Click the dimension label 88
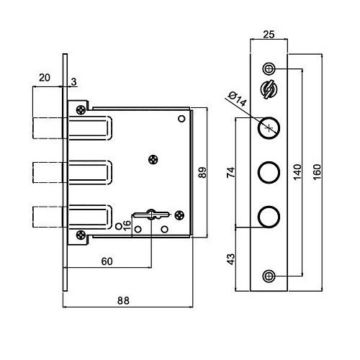click(x=123, y=300)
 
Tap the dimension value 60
click(x=107, y=261)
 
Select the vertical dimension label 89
click(x=202, y=173)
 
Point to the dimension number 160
click(x=317, y=172)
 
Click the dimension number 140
click(x=297, y=172)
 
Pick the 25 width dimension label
click(x=269, y=35)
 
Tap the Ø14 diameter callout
click(x=238, y=99)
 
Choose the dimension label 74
click(x=231, y=172)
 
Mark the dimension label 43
click(x=231, y=259)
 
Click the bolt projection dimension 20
click(x=45, y=78)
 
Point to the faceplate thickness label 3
click(x=73, y=82)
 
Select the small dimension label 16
click(x=127, y=225)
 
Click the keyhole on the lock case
click(x=151, y=215)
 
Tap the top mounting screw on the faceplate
click(x=269, y=69)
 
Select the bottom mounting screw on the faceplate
click(x=269, y=276)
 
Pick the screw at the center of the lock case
click(x=153, y=160)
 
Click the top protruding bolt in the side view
click(x=48, y=128)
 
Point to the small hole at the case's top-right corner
click(x=181, y=119)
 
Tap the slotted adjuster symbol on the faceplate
click(x=269, y=89)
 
